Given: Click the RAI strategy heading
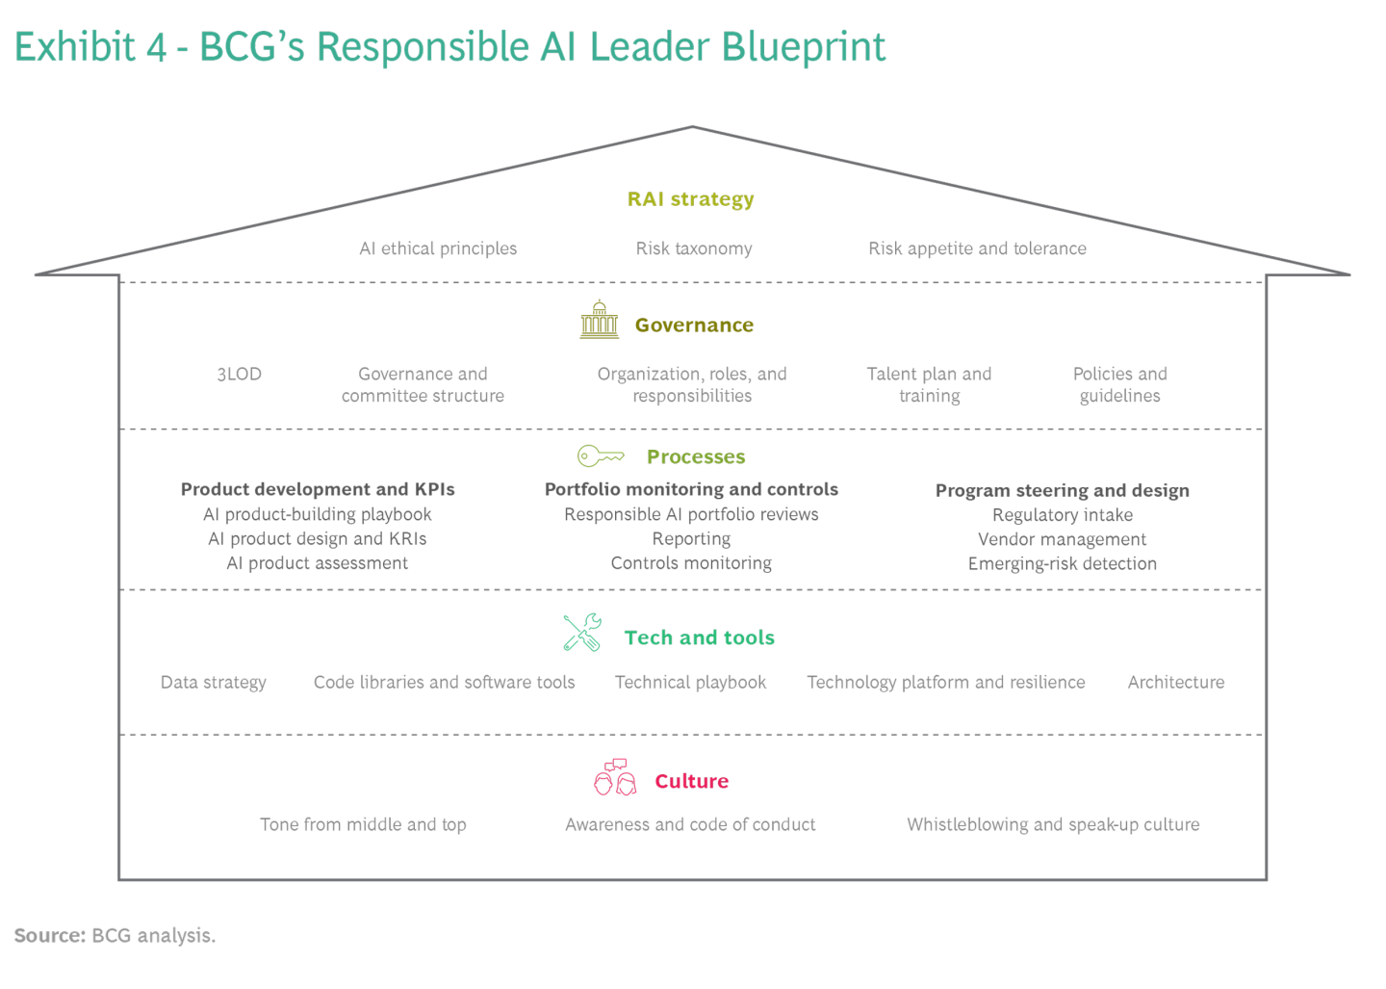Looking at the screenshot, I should pos(690,199).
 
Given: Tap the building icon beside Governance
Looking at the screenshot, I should pos(599,320).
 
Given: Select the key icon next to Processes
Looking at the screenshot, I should pos(601,455).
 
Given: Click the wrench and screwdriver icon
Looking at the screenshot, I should pos(582,633).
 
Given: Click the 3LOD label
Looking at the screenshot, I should pos(239,374).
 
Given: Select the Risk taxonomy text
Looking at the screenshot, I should pos(693,248).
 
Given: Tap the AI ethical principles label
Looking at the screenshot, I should pos(438,248).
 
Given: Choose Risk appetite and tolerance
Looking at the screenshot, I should pos(977,248).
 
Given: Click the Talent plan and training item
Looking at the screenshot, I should pos(929,384).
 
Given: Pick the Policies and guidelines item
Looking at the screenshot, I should pos(1119,384).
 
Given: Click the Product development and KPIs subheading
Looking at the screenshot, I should pos(318,489).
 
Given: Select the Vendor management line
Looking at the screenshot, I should pos(1062,539).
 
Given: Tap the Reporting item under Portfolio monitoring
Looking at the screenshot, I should pos(691,538).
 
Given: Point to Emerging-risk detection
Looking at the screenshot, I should pos(1062,563).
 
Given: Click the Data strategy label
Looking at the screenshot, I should pos(213,682).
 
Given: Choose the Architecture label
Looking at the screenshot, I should pos(1175,682).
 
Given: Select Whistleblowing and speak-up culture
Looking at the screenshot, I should pos(1053,824).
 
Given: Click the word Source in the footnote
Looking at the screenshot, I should pos(48,935).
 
